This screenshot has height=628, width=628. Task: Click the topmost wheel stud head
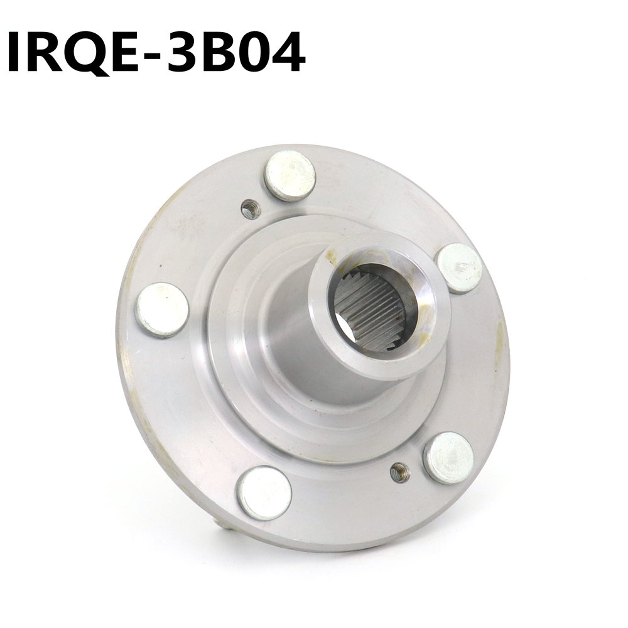click(x=290, y=175)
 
